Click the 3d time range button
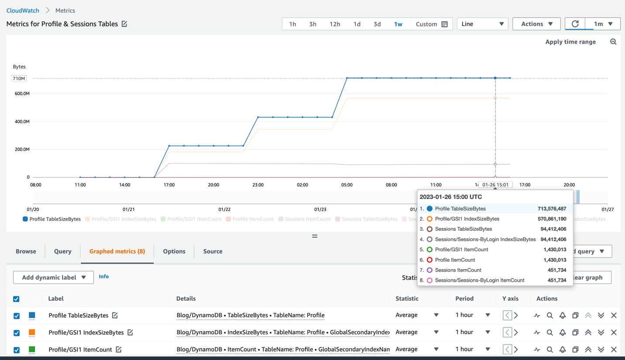click(377, 24)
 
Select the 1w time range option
click(398, 24)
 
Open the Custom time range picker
click(432, 24)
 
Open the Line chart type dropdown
click(482, 24)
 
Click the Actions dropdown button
click(537, 24)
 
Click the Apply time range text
click(570, 42)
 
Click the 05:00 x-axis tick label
click(347, 185)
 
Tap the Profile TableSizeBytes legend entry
click(52, 219)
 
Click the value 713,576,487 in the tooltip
click(552, 209)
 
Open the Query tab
click(62, 251)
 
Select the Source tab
click(213, 251)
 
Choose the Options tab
click(174, 251)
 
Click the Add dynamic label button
click(53, 277)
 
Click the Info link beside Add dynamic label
click(104, 277)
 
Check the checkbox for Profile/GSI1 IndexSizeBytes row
click(17, 333)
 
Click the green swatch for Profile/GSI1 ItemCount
click(32, 350)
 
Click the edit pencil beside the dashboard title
click(124, 24)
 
